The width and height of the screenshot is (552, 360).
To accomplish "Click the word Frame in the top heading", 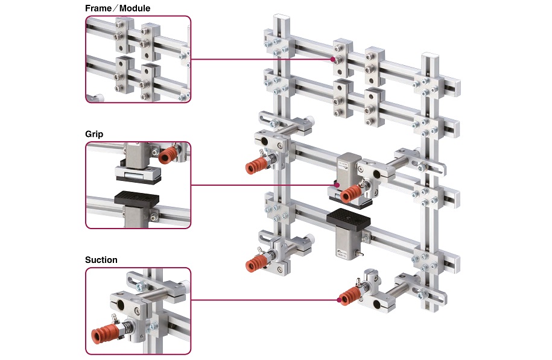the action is click(98, 8).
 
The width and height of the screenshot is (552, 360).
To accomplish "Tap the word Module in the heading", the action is click(135, 8).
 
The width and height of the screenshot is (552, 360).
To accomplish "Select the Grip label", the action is click(94, 134).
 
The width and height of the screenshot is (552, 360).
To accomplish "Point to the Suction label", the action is click(101, 260).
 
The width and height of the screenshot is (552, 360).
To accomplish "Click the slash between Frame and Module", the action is click(115, 8).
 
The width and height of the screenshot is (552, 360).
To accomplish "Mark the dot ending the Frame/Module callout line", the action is click(332, 59).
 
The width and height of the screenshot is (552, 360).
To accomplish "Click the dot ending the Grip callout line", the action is click(337, 185).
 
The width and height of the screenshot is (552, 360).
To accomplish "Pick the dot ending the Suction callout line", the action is click(339, 300).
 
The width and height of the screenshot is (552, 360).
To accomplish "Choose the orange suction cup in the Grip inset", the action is click(168, 155).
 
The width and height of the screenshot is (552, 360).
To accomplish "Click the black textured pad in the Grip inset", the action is click(136, 198).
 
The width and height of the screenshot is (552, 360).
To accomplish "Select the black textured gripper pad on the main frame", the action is click(349, 219).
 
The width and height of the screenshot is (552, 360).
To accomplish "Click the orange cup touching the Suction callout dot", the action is click(349, 296).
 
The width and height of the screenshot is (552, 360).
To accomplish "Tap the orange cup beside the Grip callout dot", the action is click(351, 194).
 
